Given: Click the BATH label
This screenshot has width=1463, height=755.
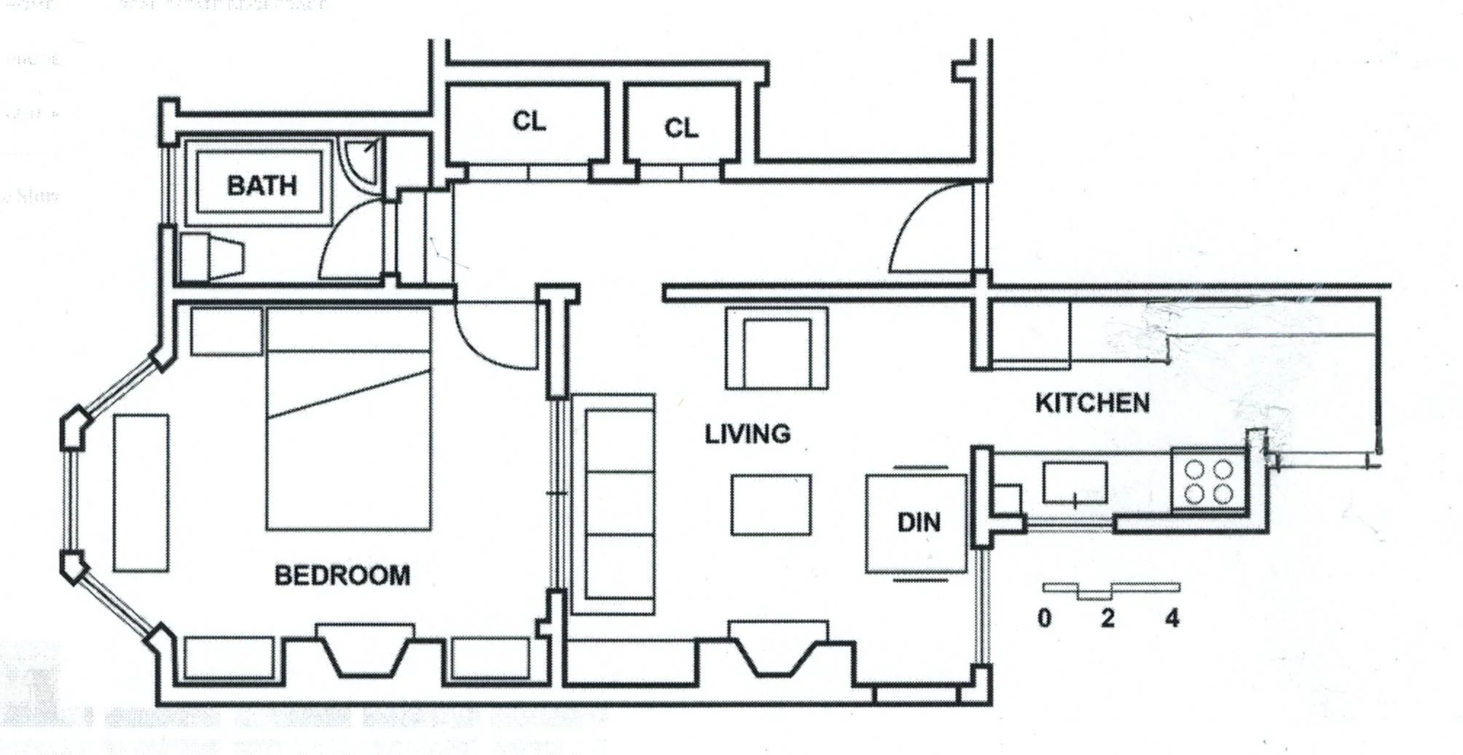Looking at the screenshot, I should coord(262,185).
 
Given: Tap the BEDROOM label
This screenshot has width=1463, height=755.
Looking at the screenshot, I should coord(342,576).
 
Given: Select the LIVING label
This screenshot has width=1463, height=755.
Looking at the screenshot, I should coord(747,434).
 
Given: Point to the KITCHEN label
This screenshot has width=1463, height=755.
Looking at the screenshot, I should coord(1092,403).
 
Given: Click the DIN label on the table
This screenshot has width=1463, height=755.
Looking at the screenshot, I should coord(918,523).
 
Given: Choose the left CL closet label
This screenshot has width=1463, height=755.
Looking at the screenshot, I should coord(529,121).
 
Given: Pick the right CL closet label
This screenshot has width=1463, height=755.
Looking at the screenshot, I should coord(681,128).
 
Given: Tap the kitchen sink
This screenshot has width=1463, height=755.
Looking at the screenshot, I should coord(1075,482).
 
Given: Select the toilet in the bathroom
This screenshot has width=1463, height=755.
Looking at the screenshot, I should coord(211,257).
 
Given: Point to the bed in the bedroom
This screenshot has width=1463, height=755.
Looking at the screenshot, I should coord(348,419).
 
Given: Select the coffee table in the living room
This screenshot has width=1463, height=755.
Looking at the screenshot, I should coord(772,505).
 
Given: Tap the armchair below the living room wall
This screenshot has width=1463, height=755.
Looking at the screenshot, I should coord(777,348).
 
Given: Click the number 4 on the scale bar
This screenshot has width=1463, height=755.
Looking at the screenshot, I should coord(1172,619).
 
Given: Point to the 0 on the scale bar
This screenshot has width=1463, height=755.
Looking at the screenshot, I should coord(1044,619).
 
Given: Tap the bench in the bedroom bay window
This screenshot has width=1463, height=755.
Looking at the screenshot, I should coord(141,493).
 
